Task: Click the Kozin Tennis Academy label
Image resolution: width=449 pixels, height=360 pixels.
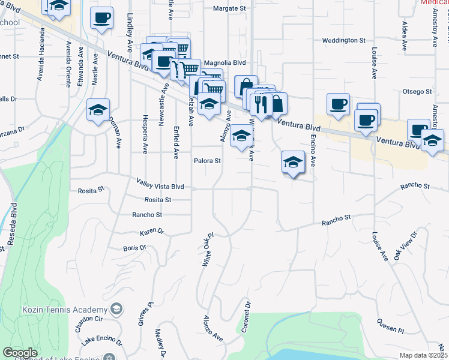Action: coord(57,310)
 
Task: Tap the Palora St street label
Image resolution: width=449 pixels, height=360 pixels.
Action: coord(207,161)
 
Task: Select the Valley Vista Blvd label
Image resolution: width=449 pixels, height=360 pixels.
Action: coord(160,187)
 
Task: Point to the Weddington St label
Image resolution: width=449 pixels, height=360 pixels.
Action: coord(343,40)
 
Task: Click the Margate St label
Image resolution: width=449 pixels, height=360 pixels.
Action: coord(230,8)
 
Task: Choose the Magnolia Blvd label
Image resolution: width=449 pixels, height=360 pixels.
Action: coord(225,62)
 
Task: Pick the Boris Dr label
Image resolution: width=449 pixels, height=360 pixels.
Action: coord(134,247)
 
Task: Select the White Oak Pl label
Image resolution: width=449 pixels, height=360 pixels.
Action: coord(207,250)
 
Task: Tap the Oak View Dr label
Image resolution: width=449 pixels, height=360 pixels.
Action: coord(405,245)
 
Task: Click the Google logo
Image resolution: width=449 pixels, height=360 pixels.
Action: coord(20,353)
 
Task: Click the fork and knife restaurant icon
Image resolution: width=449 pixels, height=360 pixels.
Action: coord(260,103)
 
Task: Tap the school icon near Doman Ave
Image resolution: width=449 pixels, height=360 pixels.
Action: coord(98,110)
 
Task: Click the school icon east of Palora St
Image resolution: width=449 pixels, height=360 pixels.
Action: coord(293,162)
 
